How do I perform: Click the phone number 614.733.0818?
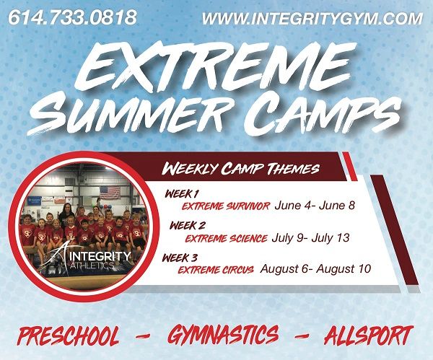72,17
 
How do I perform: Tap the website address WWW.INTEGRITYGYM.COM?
312,19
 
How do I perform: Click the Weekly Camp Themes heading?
240,168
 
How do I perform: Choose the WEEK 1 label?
182,194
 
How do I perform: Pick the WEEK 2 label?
188,226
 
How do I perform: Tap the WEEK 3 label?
180,258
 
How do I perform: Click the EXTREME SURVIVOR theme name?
226,206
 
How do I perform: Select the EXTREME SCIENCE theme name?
226,239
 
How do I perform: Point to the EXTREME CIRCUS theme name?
216,270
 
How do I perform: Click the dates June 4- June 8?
315,206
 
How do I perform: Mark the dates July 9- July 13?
310,238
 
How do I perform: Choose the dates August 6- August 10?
315,268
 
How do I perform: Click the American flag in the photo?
110,193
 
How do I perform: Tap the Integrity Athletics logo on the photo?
86,256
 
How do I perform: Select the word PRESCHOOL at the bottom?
69,336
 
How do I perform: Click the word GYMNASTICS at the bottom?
223,335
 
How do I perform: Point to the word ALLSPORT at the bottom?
369,335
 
